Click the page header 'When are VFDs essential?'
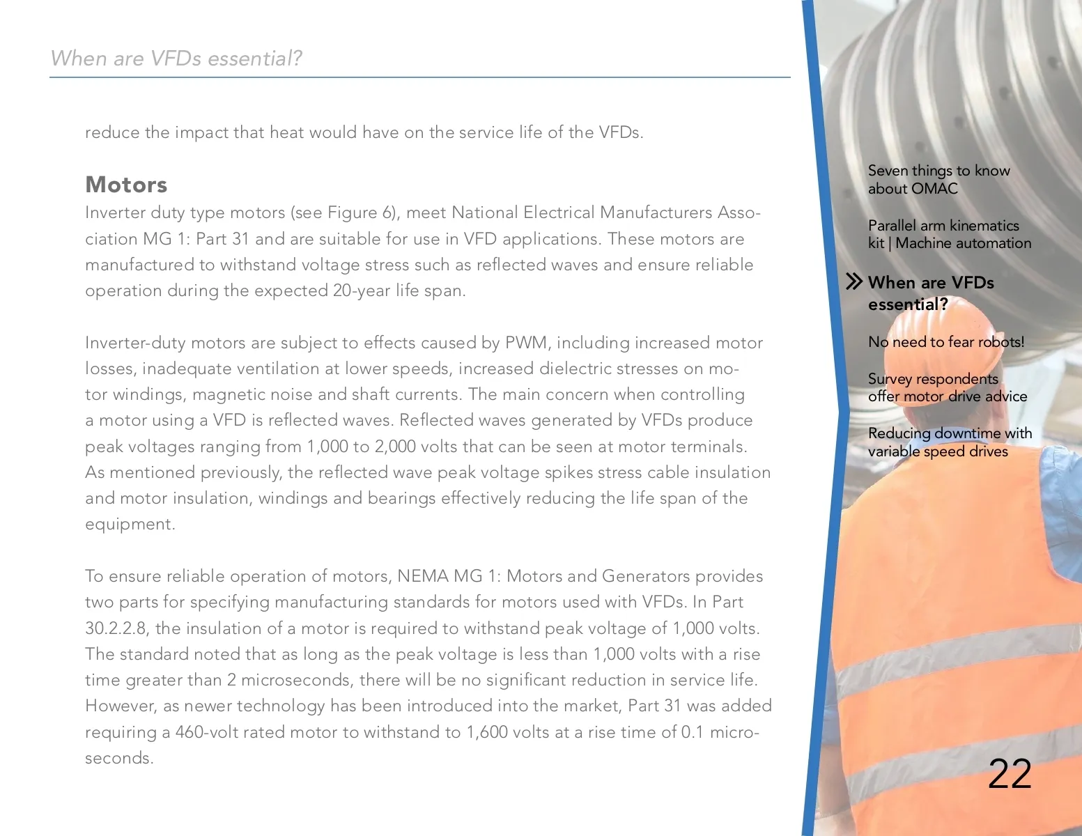click(x=176, y=58)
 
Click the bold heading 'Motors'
click(x=126, y=185)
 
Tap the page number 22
click(x=1010, y=773)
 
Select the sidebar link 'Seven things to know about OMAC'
click(x=938, y=180)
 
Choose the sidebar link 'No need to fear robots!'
click(x=945, y=342)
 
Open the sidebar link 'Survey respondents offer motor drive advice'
click(x=947, y=387)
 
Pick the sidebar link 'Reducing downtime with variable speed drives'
click(x=949, y=442)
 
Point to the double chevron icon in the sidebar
click(x=853, y=282)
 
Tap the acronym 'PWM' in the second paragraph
click(x=525, y=343)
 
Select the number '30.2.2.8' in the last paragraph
click(x=116, y=628)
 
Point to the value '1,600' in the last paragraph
click(x=486, y=732)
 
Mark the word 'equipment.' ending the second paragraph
click(x=130, y=524)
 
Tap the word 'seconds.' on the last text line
click(x=119, y=758)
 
